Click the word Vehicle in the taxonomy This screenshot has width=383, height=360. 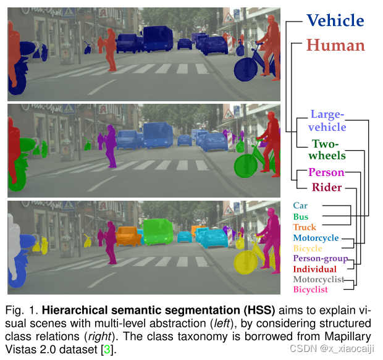pos(335,20)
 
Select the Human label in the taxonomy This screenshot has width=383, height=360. pos(335,45)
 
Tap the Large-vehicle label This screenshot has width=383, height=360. pos(327,120)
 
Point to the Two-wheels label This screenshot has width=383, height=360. pos(327,149)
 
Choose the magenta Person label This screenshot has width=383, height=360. pos(326,172)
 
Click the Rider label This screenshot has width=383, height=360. pos(326,187)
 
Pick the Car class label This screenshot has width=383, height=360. pos(300,206)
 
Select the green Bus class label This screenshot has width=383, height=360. pos(301,217)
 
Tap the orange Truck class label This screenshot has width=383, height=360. pos(305,227)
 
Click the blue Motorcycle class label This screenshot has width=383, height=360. pos(316,238)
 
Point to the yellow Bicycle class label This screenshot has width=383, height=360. pos(308,248)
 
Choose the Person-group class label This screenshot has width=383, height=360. pos(320,259)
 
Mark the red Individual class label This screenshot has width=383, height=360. pos(314,269)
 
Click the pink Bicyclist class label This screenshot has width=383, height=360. pos(311,290)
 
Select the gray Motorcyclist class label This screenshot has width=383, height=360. pos(318,280)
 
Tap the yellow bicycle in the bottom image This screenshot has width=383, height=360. pos(245,262)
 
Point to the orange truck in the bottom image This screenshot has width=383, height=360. pos(128,235)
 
